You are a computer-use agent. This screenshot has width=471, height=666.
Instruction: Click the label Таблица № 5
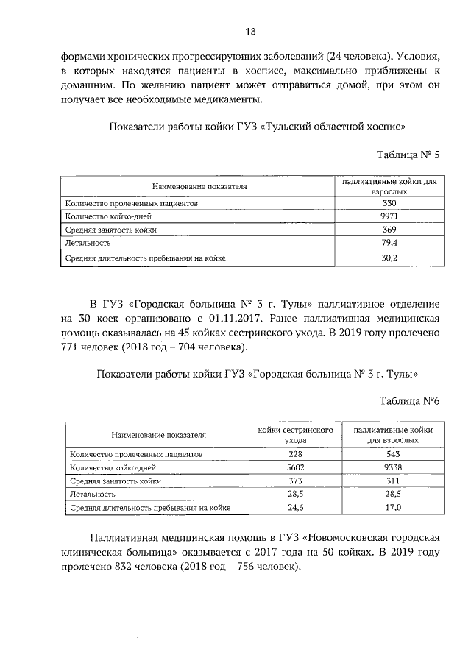click(408, 155)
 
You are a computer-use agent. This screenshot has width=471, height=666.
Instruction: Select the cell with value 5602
click(296, 467)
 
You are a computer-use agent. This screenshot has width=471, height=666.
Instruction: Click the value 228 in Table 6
click(296, 454)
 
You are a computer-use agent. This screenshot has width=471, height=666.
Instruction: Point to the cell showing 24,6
click(296, 508)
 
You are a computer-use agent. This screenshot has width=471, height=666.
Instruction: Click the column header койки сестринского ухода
click(296, 434)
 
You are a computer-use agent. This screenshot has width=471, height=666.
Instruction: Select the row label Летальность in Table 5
click(88, 243)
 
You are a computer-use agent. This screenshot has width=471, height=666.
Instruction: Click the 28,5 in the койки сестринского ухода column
click(296, 495)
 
